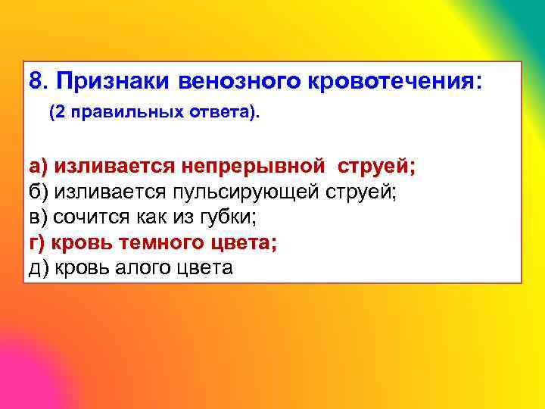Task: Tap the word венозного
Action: pyautogui.click(x=242, y=80)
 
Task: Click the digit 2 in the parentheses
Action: pyautogui.click(x=58, y=113)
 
